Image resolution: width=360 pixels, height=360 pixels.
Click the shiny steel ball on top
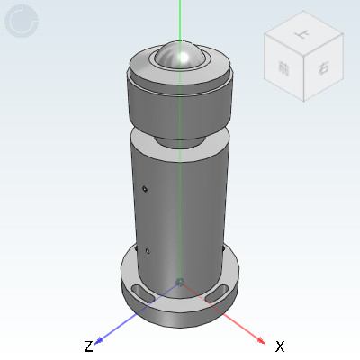point(180,56)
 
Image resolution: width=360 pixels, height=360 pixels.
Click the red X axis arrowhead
point(260,339)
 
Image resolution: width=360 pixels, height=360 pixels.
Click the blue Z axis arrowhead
point(100,339)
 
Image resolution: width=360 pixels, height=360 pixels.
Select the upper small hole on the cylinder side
point(145,189)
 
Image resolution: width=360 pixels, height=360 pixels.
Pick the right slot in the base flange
point(217,293)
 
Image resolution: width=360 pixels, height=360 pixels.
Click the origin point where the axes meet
point(181,283)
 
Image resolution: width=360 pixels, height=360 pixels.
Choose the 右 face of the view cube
point(322,67)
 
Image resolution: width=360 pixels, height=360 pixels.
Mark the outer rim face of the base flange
point(180,314)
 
